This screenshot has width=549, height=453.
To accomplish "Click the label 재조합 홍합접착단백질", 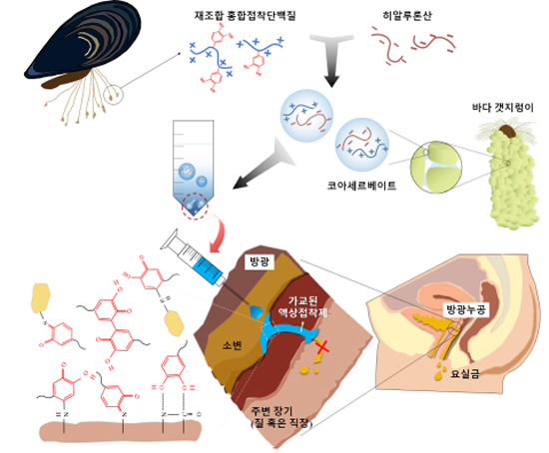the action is (x=246, y=16).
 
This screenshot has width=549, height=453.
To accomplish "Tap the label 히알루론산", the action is (x=407, y=16).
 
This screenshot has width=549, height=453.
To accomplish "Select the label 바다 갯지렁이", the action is (x=503, y=108).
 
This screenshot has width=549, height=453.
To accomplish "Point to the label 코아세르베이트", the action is (x=361, y=186).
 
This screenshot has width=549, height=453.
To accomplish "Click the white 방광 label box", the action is (x=260, y=261).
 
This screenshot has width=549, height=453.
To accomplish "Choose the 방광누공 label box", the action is (x=465, y=309).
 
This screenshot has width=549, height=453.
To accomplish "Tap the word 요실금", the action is (x=465, y=374).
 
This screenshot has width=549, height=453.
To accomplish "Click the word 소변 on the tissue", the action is (x=232, y=345).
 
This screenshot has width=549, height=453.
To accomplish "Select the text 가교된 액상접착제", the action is (x=303, y=306).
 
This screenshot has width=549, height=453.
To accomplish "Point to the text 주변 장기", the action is (x=273, y=410).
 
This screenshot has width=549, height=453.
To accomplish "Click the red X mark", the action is (x=322, y=347).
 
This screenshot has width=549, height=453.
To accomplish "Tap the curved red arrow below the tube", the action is (x=220, y=233).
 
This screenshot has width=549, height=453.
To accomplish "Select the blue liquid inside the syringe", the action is (x=210, y=268).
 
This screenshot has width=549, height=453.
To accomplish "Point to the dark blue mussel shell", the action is (x=84, y=39).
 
